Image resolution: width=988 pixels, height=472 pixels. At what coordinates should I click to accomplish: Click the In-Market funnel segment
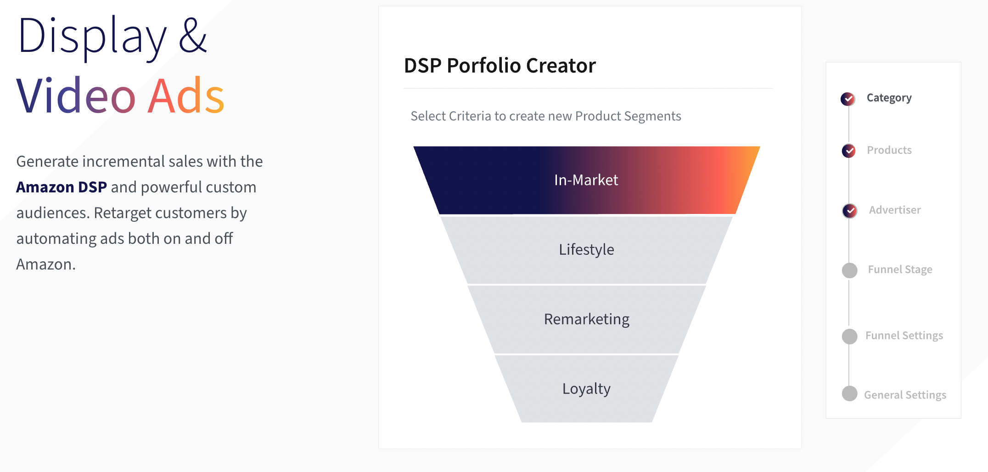[586, 180]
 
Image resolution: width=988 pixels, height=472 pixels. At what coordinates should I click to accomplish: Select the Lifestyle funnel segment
[586, 250]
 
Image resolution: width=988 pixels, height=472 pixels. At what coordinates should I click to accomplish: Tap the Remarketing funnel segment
[586, 319]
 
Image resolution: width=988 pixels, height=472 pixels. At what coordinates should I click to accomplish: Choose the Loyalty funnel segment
[586, 389]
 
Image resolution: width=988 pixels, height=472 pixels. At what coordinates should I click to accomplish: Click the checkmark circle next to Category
[848, 99]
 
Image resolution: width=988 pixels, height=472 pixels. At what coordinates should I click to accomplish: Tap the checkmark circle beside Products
[849, 151]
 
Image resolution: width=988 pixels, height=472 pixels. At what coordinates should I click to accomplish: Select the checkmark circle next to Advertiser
[850, 211]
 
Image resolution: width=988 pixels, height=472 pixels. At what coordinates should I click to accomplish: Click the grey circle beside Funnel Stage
[850, 270]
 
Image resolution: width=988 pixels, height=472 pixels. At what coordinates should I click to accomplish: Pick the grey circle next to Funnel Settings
[850, 337]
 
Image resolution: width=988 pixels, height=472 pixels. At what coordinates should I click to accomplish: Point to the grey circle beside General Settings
[850, 393]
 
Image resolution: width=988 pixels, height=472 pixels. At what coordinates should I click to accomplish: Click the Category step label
[889, 98]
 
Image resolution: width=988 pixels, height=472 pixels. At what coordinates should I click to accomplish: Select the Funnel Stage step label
[900, 270]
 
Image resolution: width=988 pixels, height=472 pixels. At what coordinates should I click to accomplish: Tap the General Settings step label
[905, 395]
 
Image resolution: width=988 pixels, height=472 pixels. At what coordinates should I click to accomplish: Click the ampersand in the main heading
[193, 35]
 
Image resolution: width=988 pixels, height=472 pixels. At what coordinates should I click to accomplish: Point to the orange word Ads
[186, 96]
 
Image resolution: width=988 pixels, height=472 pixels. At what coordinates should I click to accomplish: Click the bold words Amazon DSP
[62, 187]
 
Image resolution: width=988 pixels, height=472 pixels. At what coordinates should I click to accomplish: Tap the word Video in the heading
[76, 96]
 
